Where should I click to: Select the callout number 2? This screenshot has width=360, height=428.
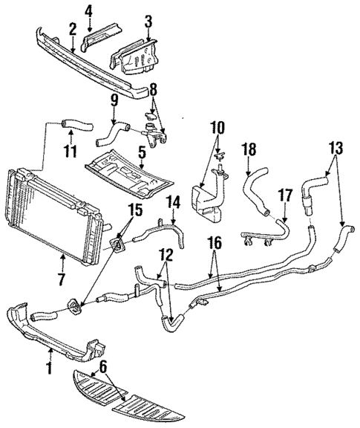point(72,29)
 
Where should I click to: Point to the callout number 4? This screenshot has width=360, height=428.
point(88,10)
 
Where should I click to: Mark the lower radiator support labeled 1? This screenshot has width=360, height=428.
point(59,334)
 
